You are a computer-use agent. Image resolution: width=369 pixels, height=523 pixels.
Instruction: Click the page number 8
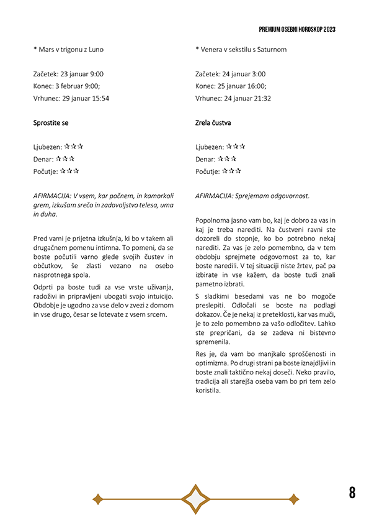352,493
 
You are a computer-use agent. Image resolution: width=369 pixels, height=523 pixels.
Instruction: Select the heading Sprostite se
51,123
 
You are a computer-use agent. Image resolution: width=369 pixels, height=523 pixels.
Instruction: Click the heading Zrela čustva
213,123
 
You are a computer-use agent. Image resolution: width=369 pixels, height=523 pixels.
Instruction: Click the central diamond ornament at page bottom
196,498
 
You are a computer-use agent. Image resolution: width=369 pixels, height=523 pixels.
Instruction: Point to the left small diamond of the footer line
97,498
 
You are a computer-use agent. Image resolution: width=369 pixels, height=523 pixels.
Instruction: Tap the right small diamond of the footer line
293,498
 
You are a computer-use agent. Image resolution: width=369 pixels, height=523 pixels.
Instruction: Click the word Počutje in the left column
45,171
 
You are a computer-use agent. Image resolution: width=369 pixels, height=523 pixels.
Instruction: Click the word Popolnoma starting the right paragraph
213,220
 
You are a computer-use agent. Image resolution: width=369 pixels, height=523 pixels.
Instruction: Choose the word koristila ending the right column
208,391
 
